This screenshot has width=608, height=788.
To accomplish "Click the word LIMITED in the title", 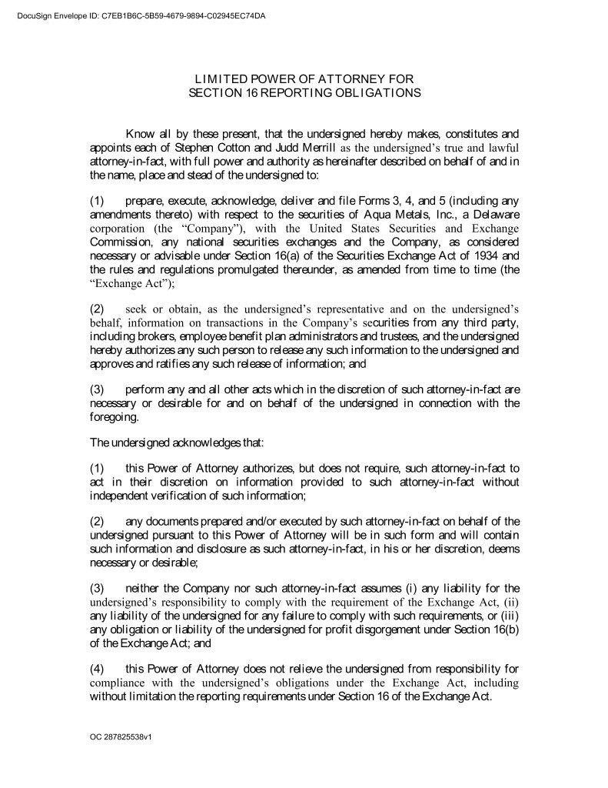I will point(218,78).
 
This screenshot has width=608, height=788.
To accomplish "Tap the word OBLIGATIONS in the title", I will point(372,92).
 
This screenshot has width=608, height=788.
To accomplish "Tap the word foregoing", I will point(114,417).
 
